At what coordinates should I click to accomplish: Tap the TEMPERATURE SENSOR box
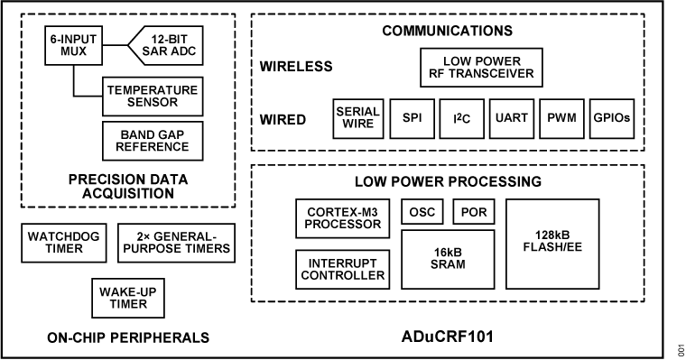click(151, 97)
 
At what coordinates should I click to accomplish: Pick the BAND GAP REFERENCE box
click(151, 140)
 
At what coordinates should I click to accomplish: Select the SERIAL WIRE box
click(356, 118)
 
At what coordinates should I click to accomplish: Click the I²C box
click(463, 118)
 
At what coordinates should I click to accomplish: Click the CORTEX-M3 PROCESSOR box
click(343, 218)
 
